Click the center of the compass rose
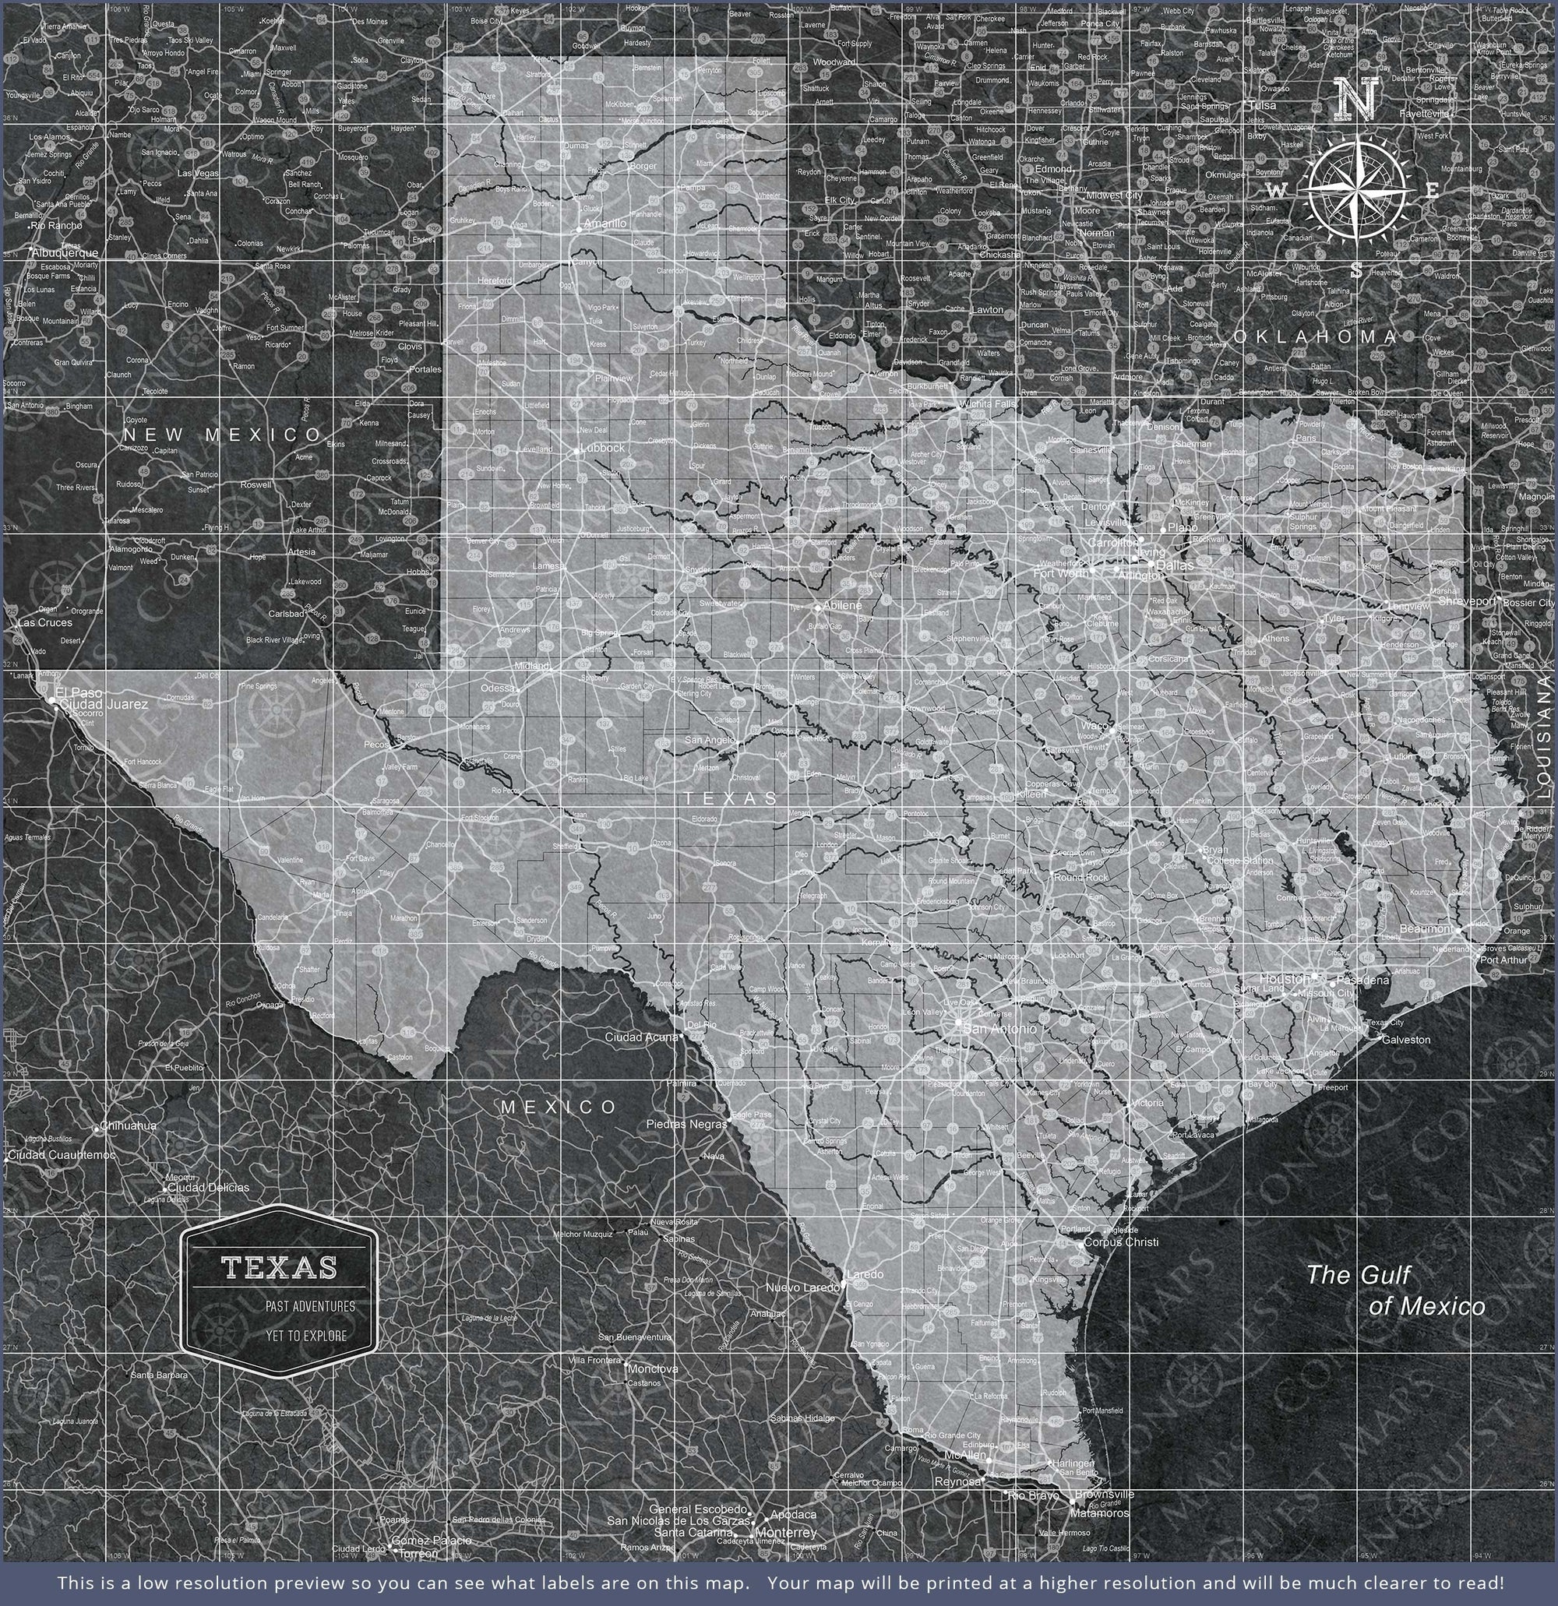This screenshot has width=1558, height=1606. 1358,190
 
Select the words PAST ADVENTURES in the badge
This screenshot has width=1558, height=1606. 310,1306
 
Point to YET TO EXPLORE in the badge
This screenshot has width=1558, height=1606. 305,1336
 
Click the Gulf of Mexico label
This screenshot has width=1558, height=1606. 1394,1290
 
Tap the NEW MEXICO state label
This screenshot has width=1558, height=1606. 223,435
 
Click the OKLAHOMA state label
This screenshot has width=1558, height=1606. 1316,336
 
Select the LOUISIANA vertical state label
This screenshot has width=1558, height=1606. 1544,738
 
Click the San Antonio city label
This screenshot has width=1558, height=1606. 999,1028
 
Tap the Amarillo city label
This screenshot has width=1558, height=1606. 605,223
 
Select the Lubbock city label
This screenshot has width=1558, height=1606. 602,448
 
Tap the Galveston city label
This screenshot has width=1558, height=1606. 1405,1040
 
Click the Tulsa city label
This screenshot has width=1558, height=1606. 1262,106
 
